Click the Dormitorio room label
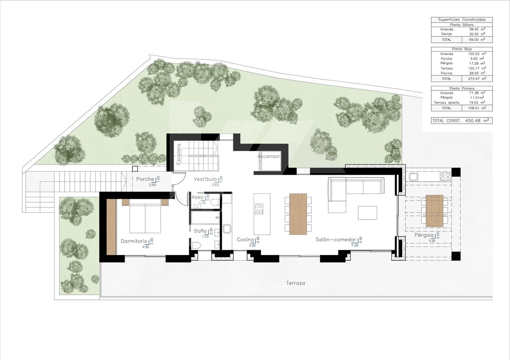click(134, 241)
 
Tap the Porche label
click(145, 179)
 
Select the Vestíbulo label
click(205, 179)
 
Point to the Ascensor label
click(269, 156)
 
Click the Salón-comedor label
click(336, 240)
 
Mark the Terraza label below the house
click(296, 283)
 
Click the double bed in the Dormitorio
click(145, 218)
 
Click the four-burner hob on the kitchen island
click(259, 209)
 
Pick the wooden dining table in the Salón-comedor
click(298, 213)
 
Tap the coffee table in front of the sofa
click(367, 213)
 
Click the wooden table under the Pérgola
click(434, 211)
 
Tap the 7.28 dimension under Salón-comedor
click(355, 245)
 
